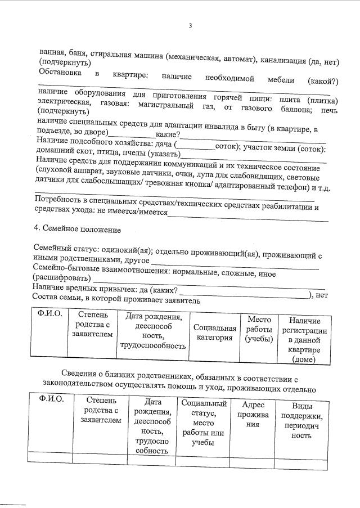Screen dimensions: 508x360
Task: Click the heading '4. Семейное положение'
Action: [x=78, y=230]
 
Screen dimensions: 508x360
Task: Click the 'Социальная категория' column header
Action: [x=214, y=332]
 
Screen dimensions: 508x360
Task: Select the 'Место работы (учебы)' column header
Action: [x=259, y=329]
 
